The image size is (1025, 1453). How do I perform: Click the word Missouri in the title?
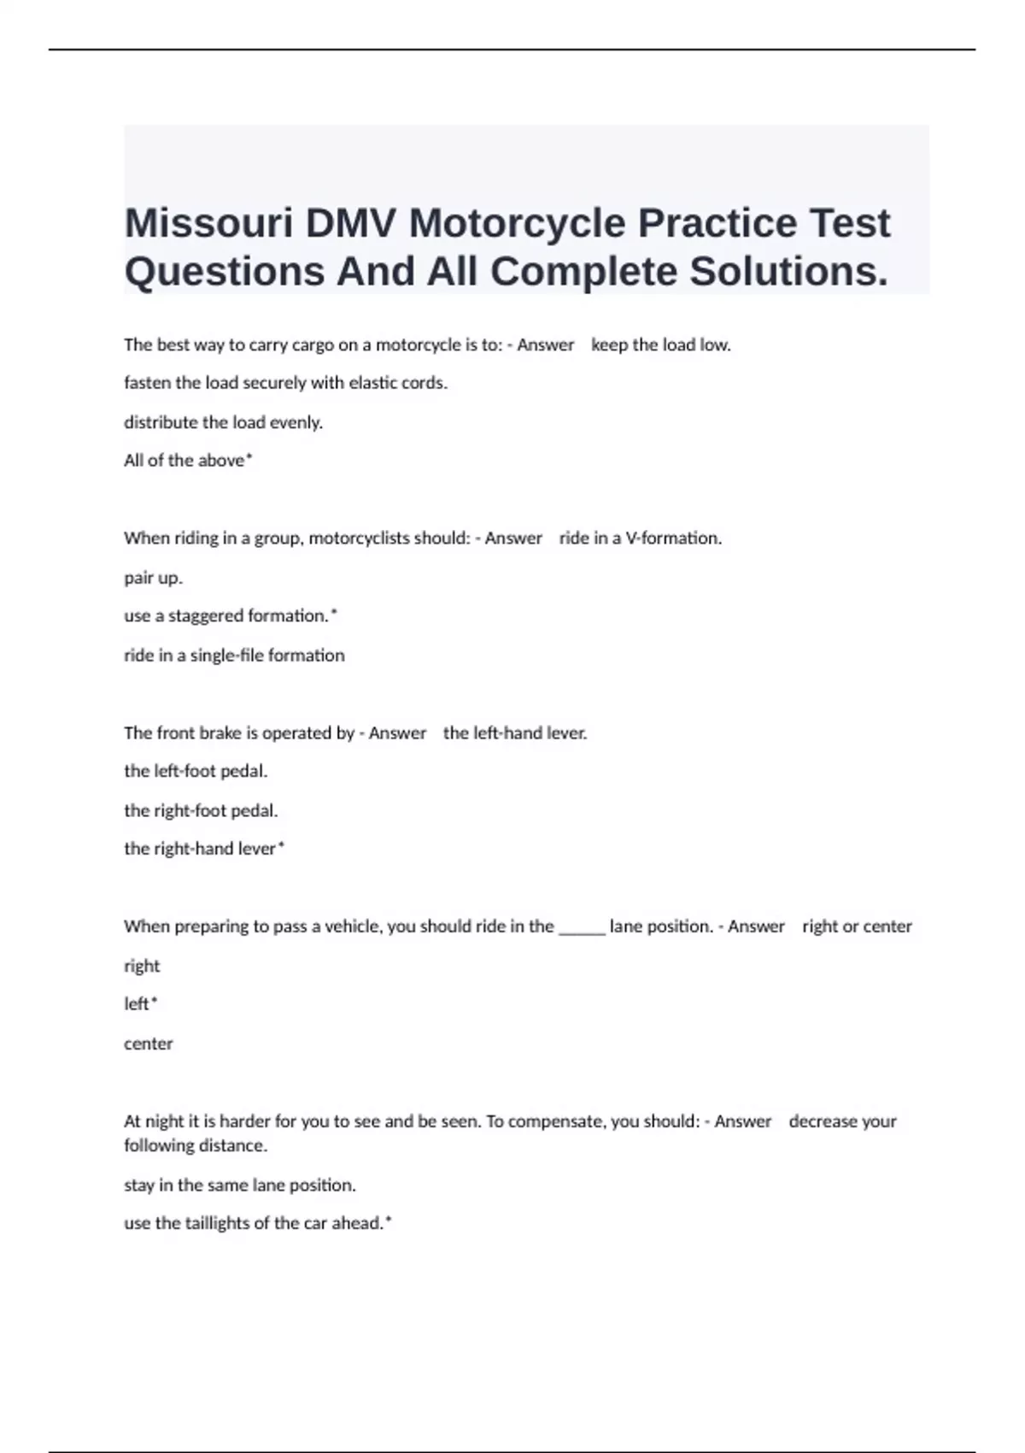click(208, 224)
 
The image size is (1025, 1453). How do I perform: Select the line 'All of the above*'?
click(188, 461)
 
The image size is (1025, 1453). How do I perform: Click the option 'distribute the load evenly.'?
click(223, 422)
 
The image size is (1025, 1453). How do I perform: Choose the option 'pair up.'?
click(153, 578)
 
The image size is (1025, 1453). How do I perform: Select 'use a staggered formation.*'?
click(231, 616)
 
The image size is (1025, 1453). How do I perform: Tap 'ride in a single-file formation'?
click(234, 656)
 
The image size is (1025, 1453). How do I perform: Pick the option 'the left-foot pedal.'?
click(196, 771)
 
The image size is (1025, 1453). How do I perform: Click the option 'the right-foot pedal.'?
click(201, 810)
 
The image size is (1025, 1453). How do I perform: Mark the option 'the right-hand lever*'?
click(204, 849)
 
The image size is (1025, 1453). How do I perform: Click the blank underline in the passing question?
click(582, 930)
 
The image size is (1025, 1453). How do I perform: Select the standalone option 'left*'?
click(140, 1004)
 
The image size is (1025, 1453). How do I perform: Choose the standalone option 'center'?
click(148, 1044)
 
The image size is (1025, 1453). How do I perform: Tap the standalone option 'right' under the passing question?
click(142, 966)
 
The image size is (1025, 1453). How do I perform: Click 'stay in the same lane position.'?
click(239, 1185)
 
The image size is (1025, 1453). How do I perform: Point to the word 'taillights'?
click(225, 1224)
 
